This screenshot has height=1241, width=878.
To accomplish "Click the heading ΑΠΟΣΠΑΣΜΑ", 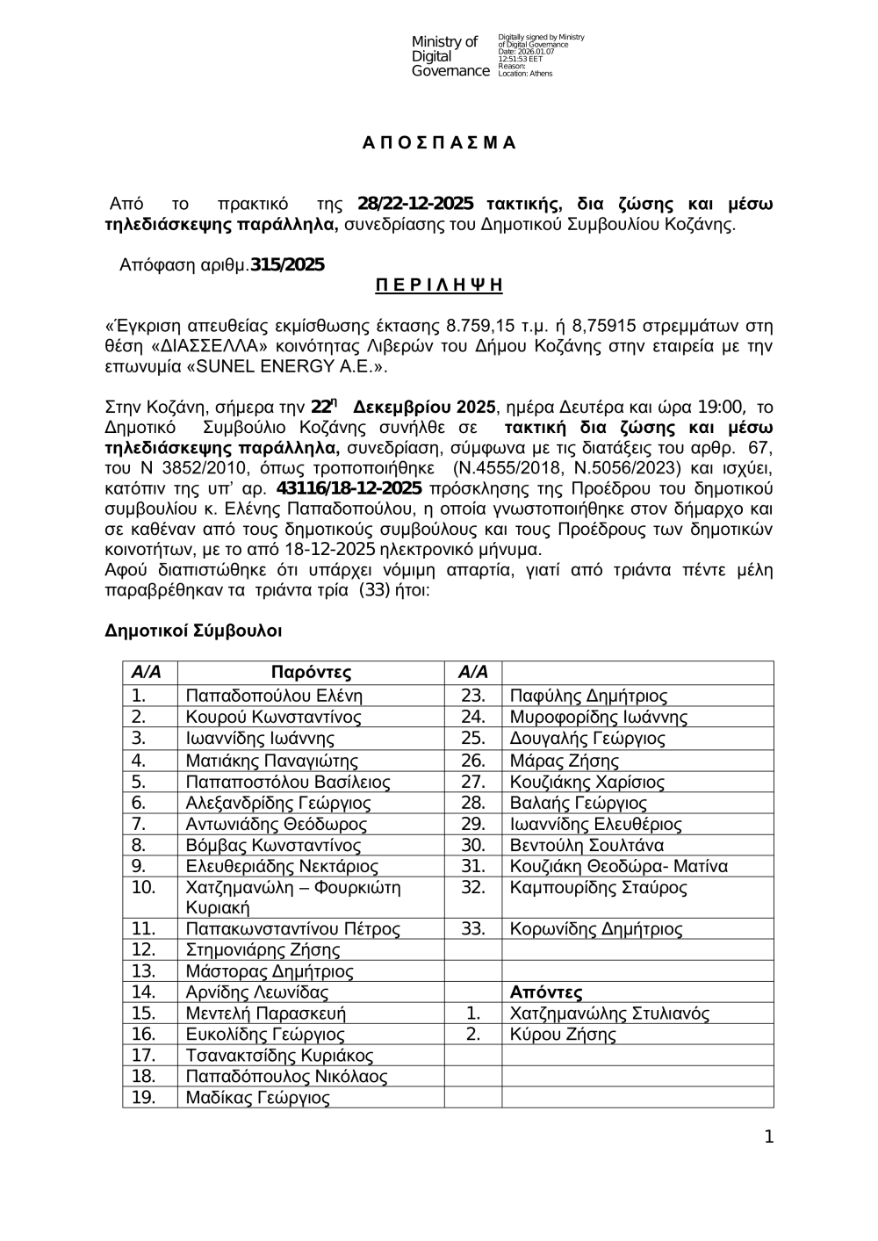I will tap(439, 143).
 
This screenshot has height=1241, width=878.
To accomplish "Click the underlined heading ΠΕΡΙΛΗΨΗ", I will tap(439, 285).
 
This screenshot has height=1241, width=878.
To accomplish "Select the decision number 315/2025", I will tap(287, 264).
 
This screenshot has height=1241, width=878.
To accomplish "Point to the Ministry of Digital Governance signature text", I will tap(450, 56).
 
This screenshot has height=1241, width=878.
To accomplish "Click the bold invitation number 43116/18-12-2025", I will tap(349, 488).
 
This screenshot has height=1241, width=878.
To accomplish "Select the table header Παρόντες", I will tap(311, 673).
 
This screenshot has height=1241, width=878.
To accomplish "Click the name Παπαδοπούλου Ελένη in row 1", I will tap(274, 696).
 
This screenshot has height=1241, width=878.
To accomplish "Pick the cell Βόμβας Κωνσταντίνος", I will tap(273, 846).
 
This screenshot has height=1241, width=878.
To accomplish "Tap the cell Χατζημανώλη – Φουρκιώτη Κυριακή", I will tap(292, 898).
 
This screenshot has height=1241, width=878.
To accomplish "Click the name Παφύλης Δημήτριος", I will tap(588, 696).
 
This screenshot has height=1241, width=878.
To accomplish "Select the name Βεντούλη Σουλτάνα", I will tap(587, 846).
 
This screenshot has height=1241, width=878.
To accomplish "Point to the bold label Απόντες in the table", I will tap(546, 993).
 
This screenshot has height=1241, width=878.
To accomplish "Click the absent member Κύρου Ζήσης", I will tap(563, 1035).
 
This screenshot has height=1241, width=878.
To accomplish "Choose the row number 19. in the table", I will tap(143, 1098).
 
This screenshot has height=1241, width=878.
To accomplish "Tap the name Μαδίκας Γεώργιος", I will tap(257, 1098).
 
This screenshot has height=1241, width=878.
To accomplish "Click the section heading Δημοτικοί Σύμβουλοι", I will tap(193, 631).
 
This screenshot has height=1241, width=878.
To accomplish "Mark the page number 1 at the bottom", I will tap(768, 1138).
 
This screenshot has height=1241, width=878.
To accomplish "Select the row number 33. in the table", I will tap(473, 929).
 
